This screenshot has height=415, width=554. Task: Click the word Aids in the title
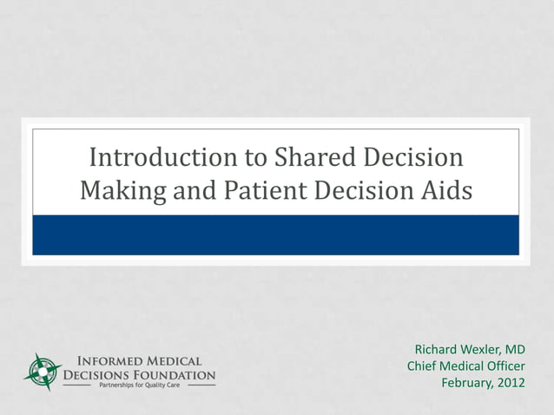click(x=448, y=190)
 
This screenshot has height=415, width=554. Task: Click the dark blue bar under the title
click(x=276, y=234)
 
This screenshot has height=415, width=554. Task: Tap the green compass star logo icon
click(x=40, y=371)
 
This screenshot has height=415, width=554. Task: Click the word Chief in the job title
click(x=423, y=366)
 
